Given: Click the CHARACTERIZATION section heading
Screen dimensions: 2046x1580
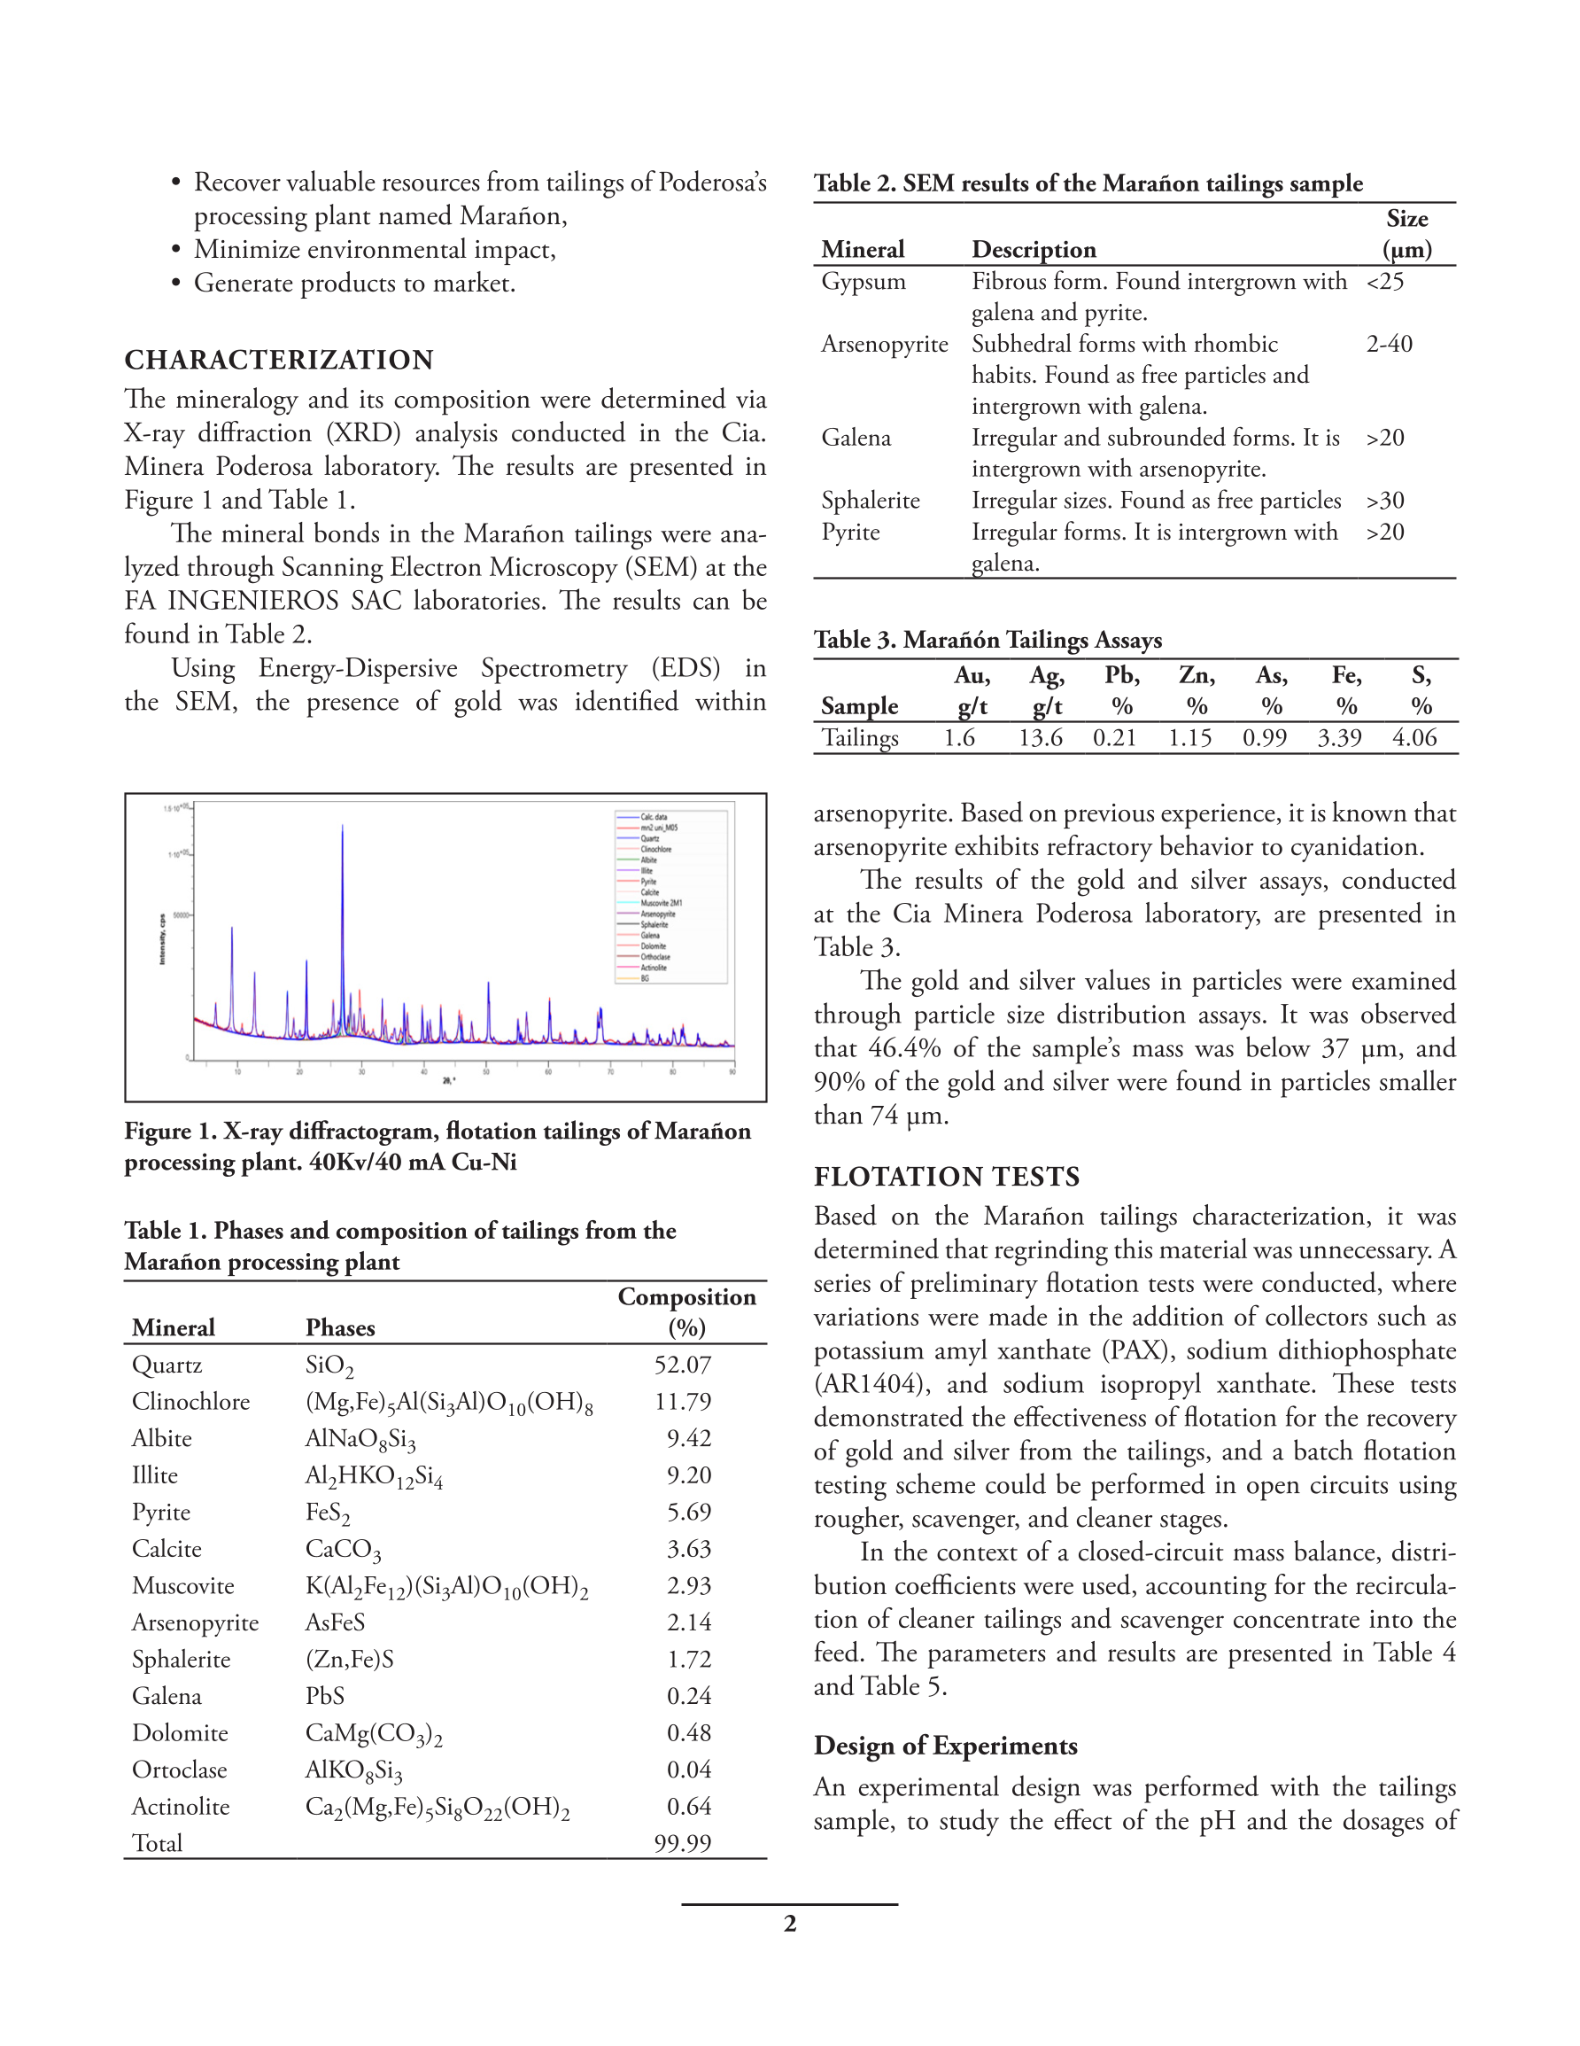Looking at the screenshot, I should click(278, 360).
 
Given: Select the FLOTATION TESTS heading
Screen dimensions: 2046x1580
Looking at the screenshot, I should click(946, 1177).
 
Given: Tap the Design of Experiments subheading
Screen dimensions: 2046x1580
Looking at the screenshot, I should click(945, 1746).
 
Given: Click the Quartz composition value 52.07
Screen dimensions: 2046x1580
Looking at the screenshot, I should click(682, 1365).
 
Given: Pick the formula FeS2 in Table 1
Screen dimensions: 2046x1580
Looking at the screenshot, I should click(327, 1513).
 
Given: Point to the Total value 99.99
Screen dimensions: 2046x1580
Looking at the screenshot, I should click(682, 1843).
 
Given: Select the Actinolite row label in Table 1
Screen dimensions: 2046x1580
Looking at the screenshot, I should click(181, 1806).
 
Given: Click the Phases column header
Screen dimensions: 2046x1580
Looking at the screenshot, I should click(340, 1327).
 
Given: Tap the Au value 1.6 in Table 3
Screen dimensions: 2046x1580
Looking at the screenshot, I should click(959, 738).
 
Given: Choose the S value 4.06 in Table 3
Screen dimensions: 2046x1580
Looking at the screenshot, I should click(1413, 738).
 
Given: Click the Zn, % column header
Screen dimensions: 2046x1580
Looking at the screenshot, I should click(1197, 690).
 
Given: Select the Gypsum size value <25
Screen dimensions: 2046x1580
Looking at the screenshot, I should click(1385, 282).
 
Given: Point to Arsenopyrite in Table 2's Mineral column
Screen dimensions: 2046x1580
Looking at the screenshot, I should click(884, 345).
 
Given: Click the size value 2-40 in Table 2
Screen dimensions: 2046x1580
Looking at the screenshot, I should click(1389, 345).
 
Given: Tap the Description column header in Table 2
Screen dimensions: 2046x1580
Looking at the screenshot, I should click(1033, 250).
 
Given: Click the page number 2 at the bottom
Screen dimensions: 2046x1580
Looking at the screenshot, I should click(789, 1924).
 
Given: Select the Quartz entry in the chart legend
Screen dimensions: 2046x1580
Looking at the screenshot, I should click(649, 838).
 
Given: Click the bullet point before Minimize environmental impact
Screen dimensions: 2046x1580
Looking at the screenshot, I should click(175, 250).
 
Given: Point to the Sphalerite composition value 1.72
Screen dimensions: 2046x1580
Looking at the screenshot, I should click(688, 1659).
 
